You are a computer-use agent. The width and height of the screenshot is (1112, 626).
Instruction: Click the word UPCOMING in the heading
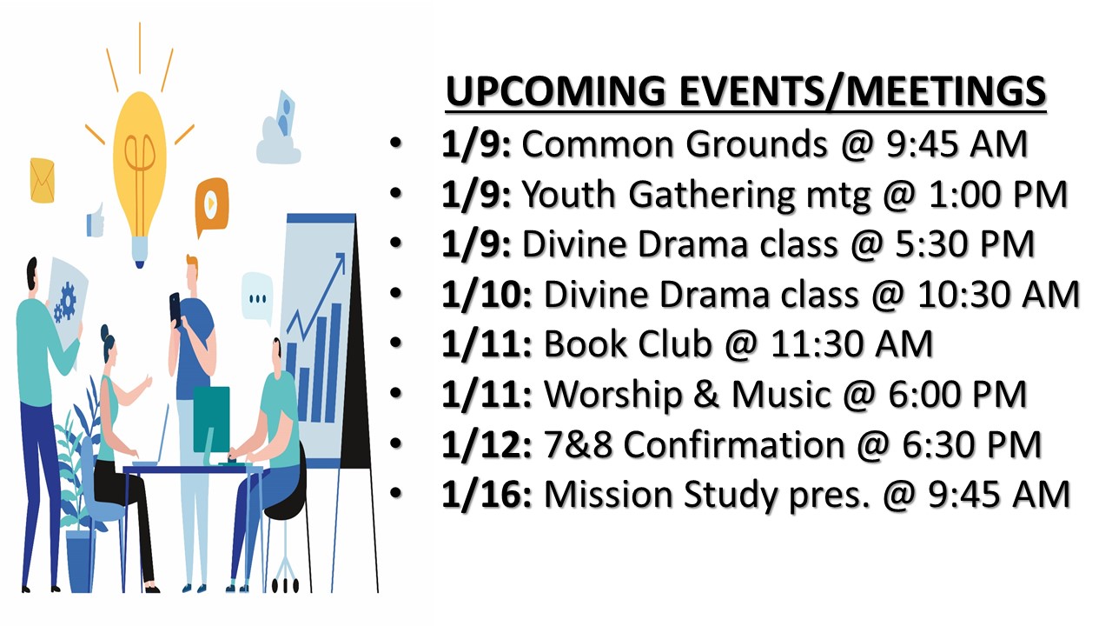(555, 91)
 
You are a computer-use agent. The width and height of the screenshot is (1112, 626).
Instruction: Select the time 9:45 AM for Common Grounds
(956, 144)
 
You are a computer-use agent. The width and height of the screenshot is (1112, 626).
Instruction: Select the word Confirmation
(734, 444)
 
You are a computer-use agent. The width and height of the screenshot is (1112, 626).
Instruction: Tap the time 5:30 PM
(964, 244)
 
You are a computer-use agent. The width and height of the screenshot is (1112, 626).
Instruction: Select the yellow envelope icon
(43, 180)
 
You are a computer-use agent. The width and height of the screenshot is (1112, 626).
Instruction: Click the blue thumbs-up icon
(96, 221)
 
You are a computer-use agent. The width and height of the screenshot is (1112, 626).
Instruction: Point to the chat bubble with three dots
(257, 297)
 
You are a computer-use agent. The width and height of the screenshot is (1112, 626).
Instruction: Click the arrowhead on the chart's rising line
(340, 260)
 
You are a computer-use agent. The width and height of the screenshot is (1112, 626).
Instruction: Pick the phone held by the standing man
(175, 309)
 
